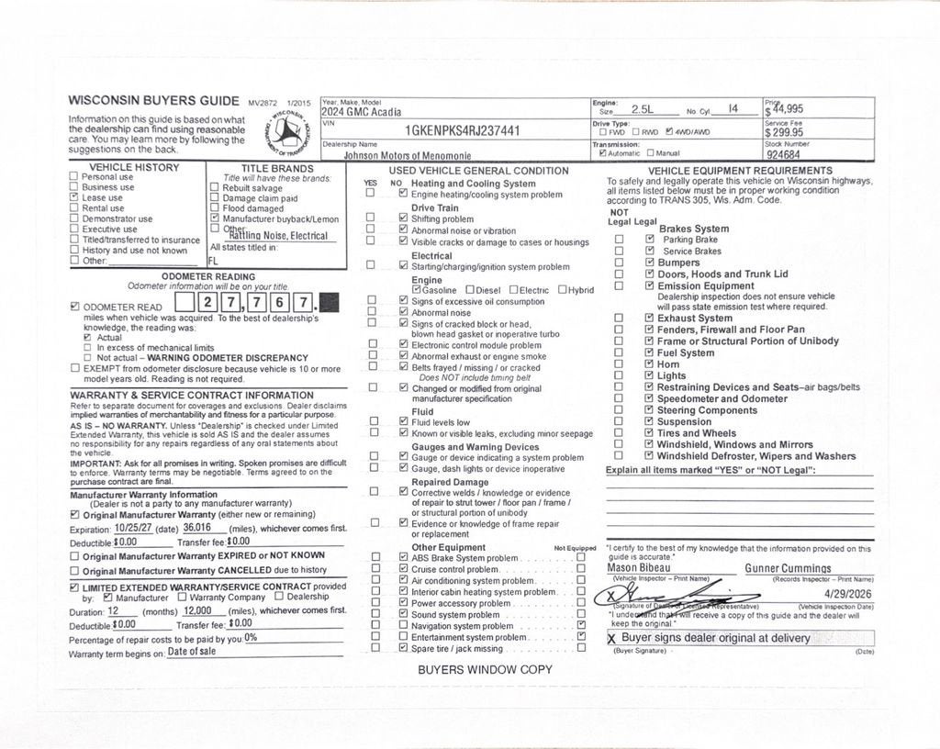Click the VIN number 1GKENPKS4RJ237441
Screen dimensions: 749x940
click(463, 131)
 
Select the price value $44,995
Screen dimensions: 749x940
click(786, 109)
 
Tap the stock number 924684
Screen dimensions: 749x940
click(784, 155)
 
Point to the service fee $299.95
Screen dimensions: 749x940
click(786, 132)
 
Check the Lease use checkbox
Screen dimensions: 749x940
click(74, 197)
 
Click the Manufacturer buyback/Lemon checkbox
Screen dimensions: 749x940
click(215, 219)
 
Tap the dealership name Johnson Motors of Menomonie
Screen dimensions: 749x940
click(408, 156)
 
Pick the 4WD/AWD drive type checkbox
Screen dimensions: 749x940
click(669, 132)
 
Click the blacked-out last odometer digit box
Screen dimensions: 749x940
click(330, 302)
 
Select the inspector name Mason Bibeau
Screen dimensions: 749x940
click(639, 568)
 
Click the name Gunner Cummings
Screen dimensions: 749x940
click(788, 568)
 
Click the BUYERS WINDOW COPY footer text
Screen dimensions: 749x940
click(485, 669)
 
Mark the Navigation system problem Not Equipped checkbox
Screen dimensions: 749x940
click(581, 625)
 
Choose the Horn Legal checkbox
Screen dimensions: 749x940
click(649, 364)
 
